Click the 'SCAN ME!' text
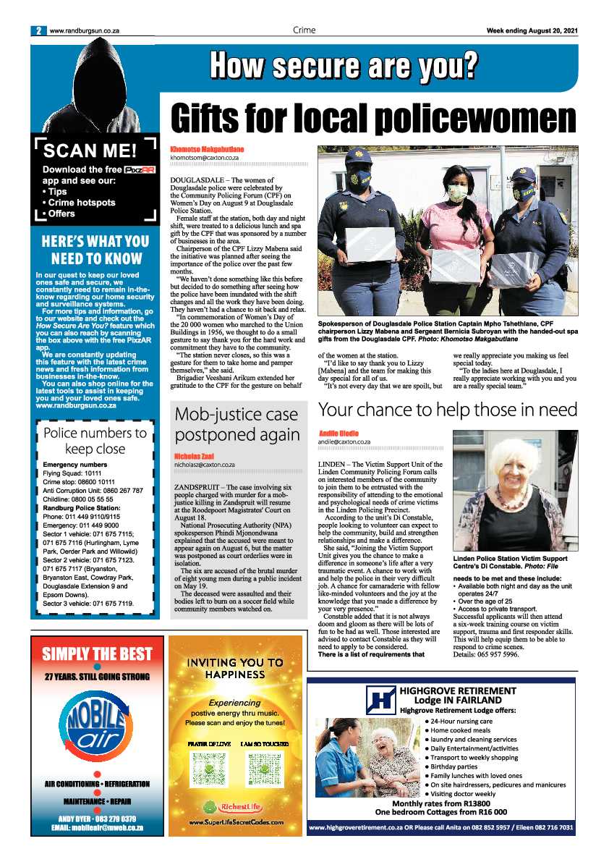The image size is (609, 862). click(89, 151)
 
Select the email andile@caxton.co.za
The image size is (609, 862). click(344, 441)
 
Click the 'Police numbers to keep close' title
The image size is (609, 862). click(95, 441)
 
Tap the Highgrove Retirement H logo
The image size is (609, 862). click(380, 700)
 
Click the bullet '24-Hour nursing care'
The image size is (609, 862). click(463, 722)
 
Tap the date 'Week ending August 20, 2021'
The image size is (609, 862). click(532, 30)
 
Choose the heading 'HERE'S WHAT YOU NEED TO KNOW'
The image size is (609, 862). click(95, 250)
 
